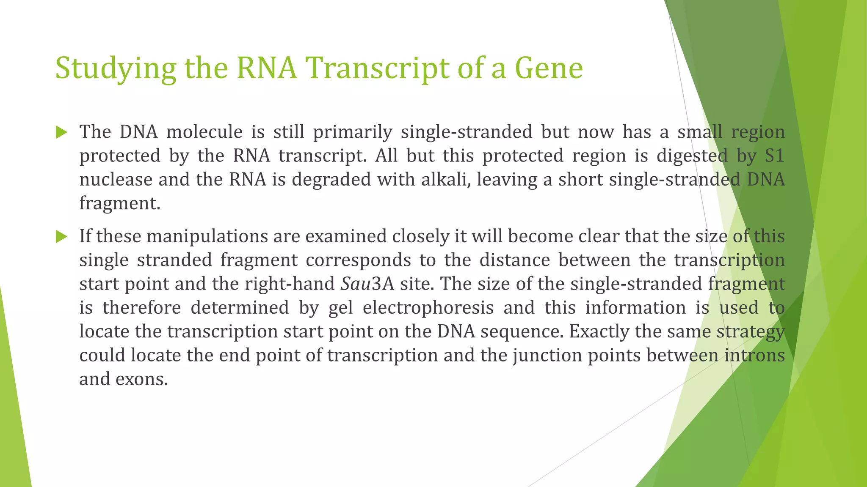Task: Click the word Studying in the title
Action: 115,68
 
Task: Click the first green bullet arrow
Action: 61,133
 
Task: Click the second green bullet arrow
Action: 61,237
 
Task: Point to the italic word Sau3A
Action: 367,284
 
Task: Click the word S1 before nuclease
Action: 774,156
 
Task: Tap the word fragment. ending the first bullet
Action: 120,204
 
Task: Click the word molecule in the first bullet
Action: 204,132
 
